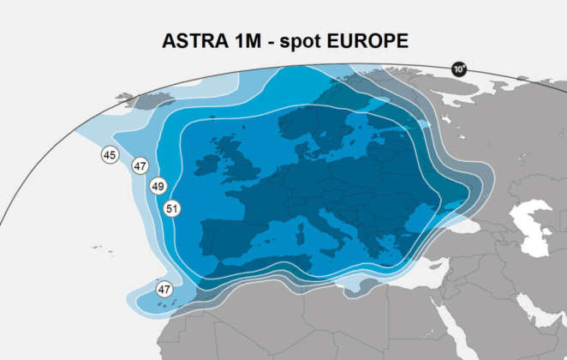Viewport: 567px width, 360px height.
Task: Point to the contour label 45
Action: (110, 155)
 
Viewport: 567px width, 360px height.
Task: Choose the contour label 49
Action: (158, 186)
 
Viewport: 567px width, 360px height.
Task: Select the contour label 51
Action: (172, 208)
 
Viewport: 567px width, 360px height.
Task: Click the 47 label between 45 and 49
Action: (140, 166)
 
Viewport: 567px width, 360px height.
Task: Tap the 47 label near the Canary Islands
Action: (164, 290)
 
